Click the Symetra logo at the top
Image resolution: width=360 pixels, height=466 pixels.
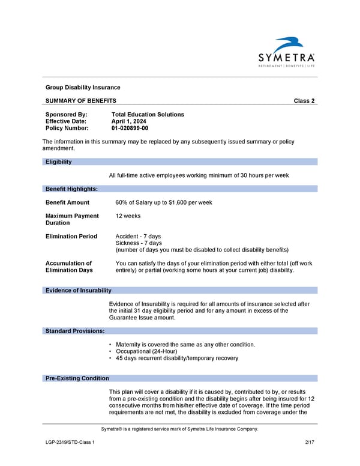click(x=286, y=53)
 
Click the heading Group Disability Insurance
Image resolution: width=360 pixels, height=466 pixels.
click(x=83, y=88)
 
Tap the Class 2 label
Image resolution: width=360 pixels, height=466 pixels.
click(x=304, y=101)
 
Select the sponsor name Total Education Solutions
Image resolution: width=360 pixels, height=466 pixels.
click(x=148, y=115)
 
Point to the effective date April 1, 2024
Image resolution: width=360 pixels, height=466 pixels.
click(x=128, y=121)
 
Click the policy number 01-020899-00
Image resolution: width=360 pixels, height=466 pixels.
click(x=130, y=128)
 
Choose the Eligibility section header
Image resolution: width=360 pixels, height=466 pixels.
click(x=59, y=162)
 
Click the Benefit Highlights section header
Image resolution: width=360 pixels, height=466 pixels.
click(x=71, y=189)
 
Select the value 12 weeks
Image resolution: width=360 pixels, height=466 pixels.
click(x=128, y=216)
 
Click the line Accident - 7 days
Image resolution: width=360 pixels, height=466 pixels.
click(x=138, y=237)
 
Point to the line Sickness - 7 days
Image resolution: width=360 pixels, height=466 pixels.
click(x=138, y=243)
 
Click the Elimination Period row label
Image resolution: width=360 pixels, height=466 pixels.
click(x=71, y=237)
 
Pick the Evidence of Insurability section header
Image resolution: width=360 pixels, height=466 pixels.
click(x=79, y=291)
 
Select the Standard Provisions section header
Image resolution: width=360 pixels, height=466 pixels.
click(x=75, y=331)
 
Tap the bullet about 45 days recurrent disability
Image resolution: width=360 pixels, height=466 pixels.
click(x=176, y=358)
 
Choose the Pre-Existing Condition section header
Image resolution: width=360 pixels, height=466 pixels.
click(x=77, y=378)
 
